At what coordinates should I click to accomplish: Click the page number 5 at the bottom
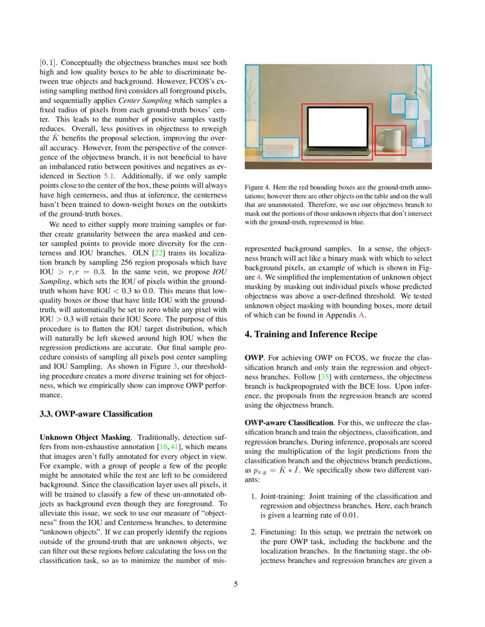pos(236,584)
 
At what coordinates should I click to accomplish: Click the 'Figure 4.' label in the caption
pos(256,188)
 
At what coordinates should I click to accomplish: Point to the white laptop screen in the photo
pos(337,127)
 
